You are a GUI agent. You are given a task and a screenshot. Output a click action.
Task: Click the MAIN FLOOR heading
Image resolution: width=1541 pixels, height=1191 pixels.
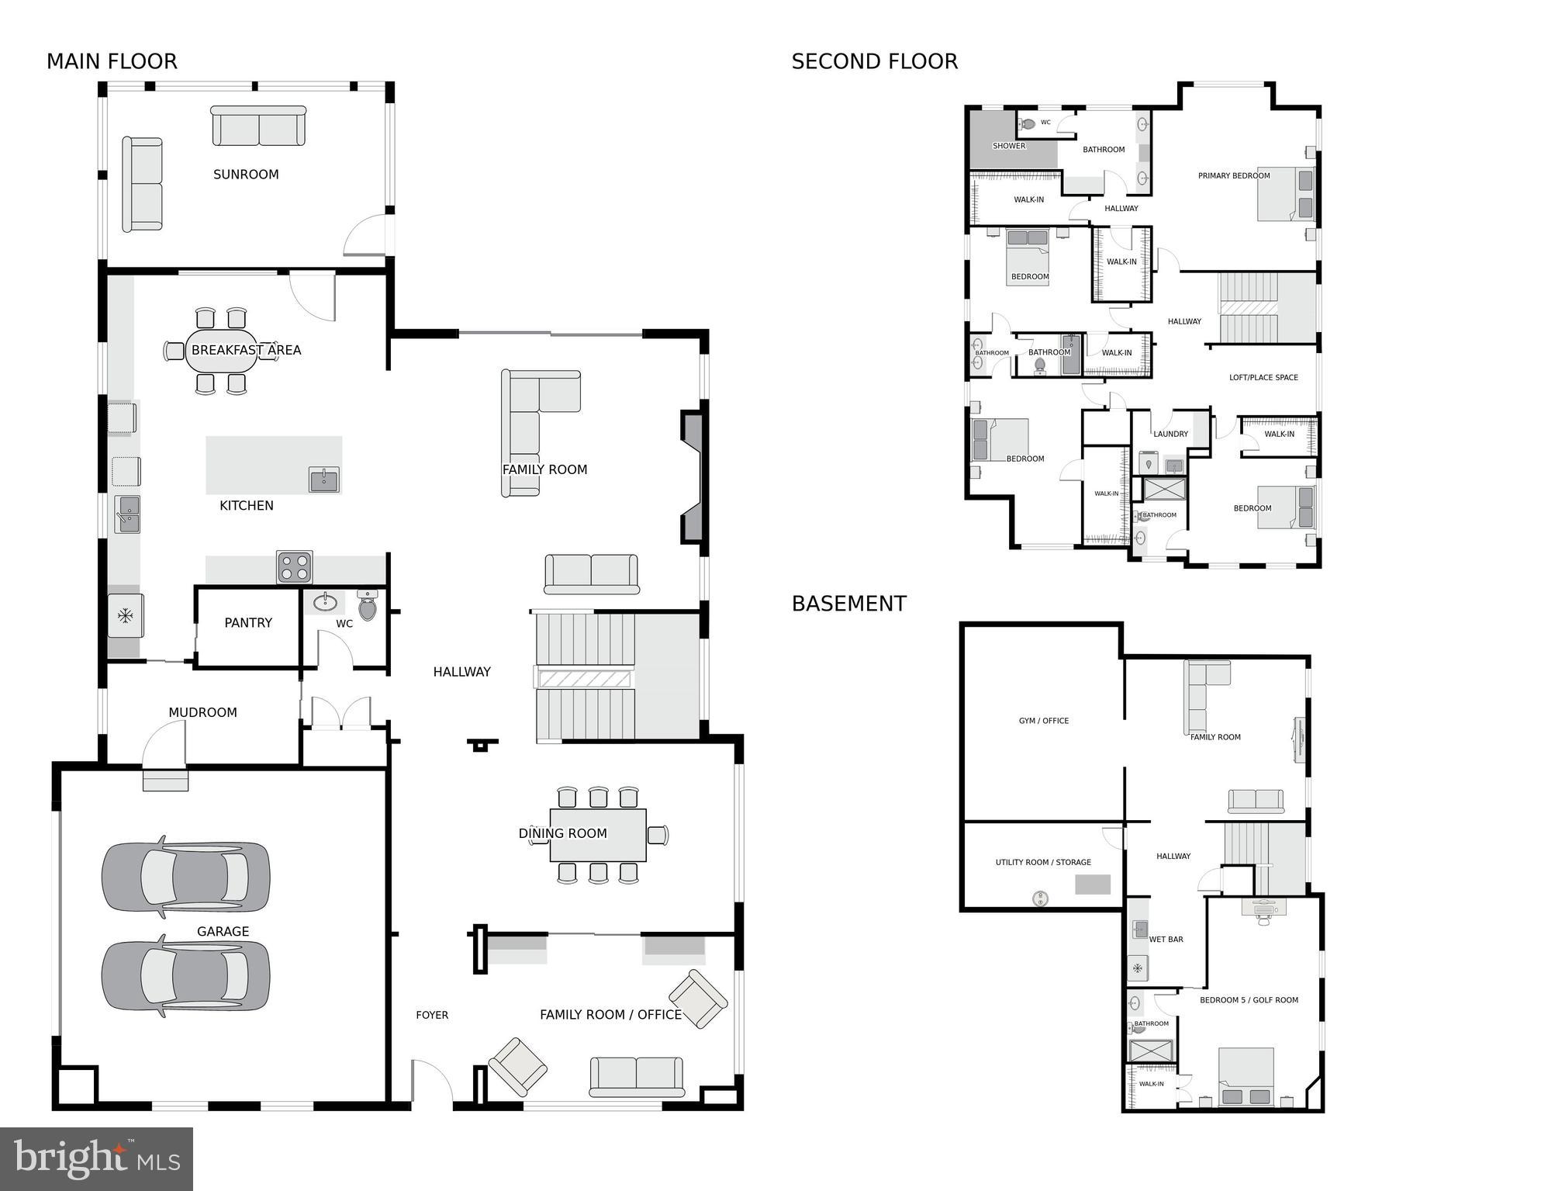[x=112, y=61]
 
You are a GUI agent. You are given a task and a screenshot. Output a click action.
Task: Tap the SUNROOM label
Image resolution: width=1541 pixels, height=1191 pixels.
[x=246, y=175]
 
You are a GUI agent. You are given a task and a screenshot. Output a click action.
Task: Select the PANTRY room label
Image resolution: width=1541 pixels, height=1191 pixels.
[x=248, y=622]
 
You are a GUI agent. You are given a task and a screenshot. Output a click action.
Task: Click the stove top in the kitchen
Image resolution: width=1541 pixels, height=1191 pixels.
[x=295, y=567]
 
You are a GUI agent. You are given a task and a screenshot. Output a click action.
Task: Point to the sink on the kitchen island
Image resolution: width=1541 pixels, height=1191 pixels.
[x=323, y=480]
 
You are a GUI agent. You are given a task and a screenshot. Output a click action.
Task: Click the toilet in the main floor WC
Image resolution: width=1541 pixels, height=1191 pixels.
[x=368, y=605]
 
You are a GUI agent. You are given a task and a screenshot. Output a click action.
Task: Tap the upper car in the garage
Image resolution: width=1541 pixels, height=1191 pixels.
[x=186, y=875]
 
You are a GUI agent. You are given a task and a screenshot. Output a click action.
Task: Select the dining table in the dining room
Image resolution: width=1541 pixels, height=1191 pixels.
[x=597, y=835]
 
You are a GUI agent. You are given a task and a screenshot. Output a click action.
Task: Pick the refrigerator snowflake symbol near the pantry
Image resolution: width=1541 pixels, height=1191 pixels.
[x=125, y=616]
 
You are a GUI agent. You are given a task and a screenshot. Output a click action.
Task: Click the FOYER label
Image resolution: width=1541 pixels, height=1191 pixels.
[x=432, y=1015]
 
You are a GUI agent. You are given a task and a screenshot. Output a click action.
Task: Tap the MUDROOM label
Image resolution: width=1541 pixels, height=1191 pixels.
[x=202, y=712]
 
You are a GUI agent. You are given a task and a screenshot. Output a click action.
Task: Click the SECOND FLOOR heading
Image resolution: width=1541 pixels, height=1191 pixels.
[x=874, y=61]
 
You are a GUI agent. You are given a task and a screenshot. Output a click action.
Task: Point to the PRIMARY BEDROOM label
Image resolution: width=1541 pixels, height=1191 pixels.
[x=1233, y=176]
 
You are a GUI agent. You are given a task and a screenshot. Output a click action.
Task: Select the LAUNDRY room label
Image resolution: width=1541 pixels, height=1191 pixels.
[x=1170, y=434]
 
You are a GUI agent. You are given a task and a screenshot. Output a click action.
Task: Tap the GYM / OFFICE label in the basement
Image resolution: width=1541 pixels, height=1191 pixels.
[x=1043, y=721]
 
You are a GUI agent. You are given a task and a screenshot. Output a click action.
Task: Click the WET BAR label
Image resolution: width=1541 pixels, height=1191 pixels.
[x=1166, y=940]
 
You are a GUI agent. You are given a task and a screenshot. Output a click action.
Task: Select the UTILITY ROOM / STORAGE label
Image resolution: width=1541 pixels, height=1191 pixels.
[x=1043, y=862]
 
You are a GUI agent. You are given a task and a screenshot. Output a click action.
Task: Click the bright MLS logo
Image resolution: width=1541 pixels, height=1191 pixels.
[x=96, y=1159]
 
